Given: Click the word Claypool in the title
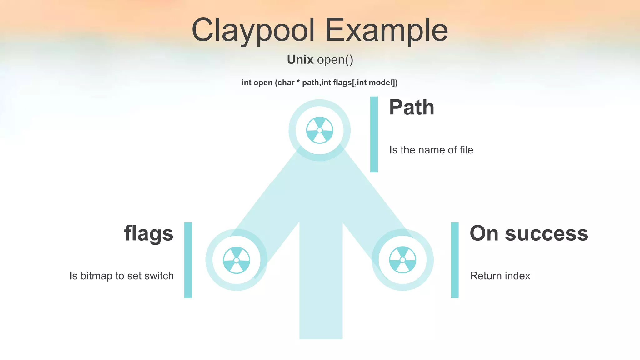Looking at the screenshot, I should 253,30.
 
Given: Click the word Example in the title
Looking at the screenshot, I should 387,30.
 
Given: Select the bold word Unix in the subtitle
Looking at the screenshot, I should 300,59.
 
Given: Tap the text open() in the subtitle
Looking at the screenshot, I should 335,60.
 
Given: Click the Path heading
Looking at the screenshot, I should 412,107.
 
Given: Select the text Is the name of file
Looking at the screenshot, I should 431,150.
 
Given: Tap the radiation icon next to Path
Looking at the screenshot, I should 319,130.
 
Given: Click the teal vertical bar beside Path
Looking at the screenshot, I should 374,134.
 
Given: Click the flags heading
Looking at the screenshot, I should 149,233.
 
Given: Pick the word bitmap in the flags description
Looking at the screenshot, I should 96,276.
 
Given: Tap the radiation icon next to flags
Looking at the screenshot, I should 236,260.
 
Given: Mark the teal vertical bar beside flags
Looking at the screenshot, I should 188,260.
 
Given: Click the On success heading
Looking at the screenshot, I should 529,233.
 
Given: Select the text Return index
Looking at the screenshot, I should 500,276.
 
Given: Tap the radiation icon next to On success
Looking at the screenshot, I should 402,260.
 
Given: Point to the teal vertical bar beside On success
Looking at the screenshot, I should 455,260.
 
